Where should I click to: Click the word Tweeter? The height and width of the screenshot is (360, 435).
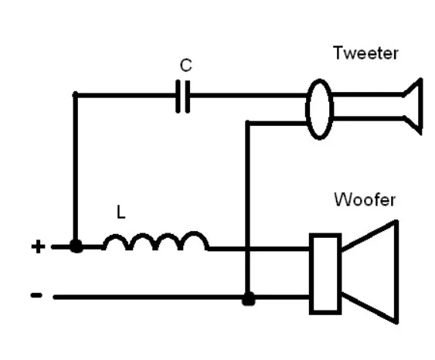tap(365, 53)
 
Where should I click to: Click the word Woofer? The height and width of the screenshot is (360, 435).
tap(365, 199)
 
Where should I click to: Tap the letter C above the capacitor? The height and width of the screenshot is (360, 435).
tap(185, 65)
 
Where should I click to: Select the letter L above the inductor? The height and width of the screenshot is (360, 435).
tap(121, 212)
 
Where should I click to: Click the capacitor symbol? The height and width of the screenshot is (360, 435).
tap(183, 97)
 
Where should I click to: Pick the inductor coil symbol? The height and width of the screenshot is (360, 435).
tap(156, 241)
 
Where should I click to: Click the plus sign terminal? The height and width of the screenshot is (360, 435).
tap(39, 246)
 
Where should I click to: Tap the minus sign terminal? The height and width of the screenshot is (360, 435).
tap(36, 295)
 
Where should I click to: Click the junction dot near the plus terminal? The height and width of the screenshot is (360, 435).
tap(76, 246)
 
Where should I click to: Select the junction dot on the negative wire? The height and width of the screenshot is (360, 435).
tap(248, 299)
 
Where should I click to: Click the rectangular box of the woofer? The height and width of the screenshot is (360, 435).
tap(325, 274)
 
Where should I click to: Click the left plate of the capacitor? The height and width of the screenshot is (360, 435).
tap(178, 97)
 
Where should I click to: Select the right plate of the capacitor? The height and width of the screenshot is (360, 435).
tap(188, 97)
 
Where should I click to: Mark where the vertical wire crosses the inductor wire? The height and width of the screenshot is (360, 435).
tap(248, 249)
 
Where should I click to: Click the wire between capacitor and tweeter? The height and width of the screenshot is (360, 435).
tap(249, 96)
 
